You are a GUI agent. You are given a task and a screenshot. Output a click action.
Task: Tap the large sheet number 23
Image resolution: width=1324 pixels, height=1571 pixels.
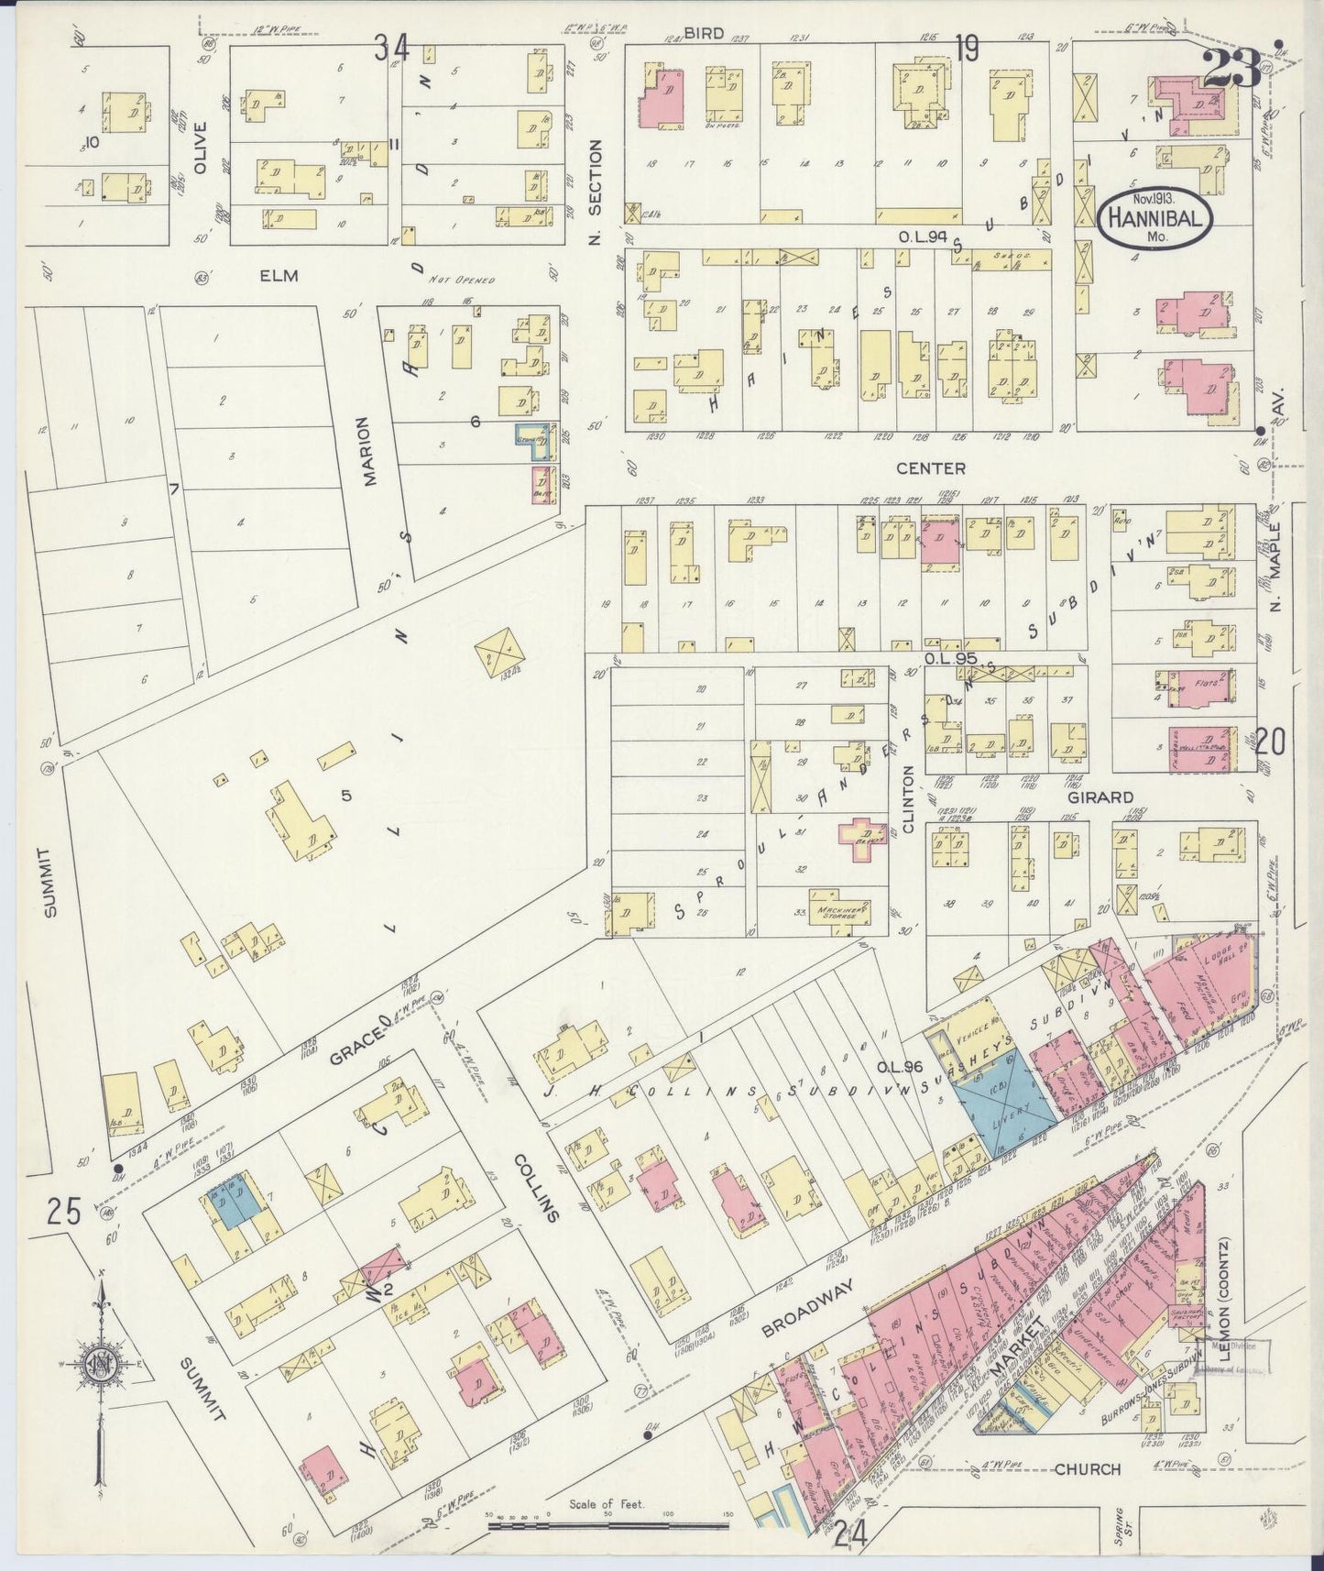click(1231, 70)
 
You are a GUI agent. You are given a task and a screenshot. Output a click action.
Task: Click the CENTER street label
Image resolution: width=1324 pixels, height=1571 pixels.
click(930, 468)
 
